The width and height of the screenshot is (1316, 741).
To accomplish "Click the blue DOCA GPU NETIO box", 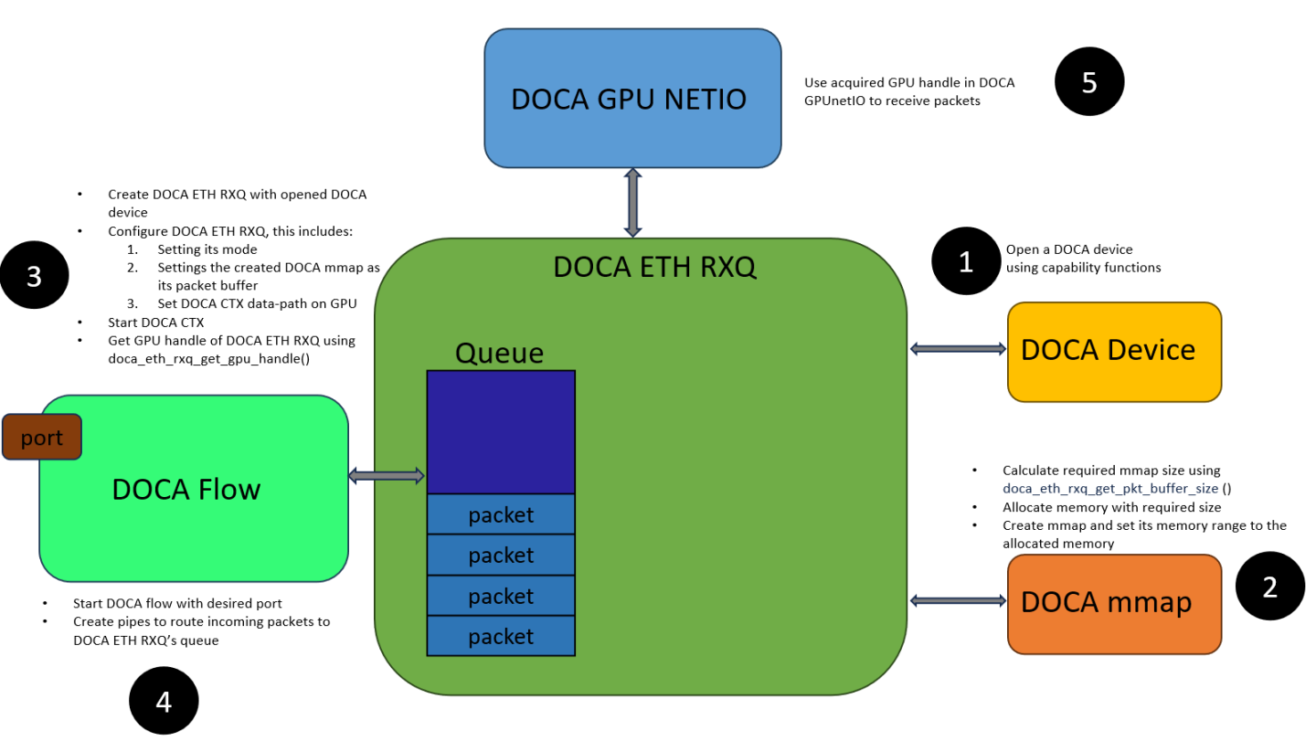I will pyautogui.click(x=631, y=98).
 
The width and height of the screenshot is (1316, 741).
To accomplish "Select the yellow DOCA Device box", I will pyautogui.click(x=1113, y=351).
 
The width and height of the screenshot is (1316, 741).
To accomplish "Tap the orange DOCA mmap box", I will pyautogui.click(x=1113, y=603).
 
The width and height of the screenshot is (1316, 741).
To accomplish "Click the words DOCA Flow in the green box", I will pyautogui.click(x=186, y=489).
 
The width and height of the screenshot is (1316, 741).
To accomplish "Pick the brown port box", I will pyautogui.click(x=42, y=437).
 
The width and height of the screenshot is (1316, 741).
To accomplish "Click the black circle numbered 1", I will pyautogui.click(x=965, y=262).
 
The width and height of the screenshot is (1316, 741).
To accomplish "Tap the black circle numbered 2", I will pyautogui.click(x=1269, y=588).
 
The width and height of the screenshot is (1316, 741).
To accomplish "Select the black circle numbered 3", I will pyautogui.click(x=34, y=276).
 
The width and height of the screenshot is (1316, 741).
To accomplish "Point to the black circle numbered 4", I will pyautogui.click(x=164, y=702).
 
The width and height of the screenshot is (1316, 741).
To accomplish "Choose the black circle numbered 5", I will pyautogui.click(x=1088, y=82).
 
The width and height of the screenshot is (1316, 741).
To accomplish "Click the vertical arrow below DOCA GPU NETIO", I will pyautogui.click(x=631, y=203).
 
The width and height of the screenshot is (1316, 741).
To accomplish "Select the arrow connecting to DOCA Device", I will pyautogui.click(x=957, y=348).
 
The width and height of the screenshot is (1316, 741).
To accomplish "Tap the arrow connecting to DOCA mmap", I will pyautogui.click(x=957, y=599).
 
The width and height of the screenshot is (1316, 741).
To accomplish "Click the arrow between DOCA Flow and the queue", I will pyautogui.click(x=387, y=475).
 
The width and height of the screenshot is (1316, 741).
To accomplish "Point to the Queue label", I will pyautogui.click(x=499, y=353).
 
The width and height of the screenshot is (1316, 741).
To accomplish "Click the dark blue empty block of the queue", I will pyautogui.click(x=501, y=431).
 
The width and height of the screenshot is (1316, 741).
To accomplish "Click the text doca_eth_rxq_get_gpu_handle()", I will pyautogui.click(x=208, y=359).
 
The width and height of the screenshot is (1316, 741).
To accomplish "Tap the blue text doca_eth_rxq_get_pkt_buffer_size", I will pyautogui.click(x=1109, y=488).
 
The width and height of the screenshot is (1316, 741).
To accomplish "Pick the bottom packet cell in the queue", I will pyautogui.click(x=501, y=636).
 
